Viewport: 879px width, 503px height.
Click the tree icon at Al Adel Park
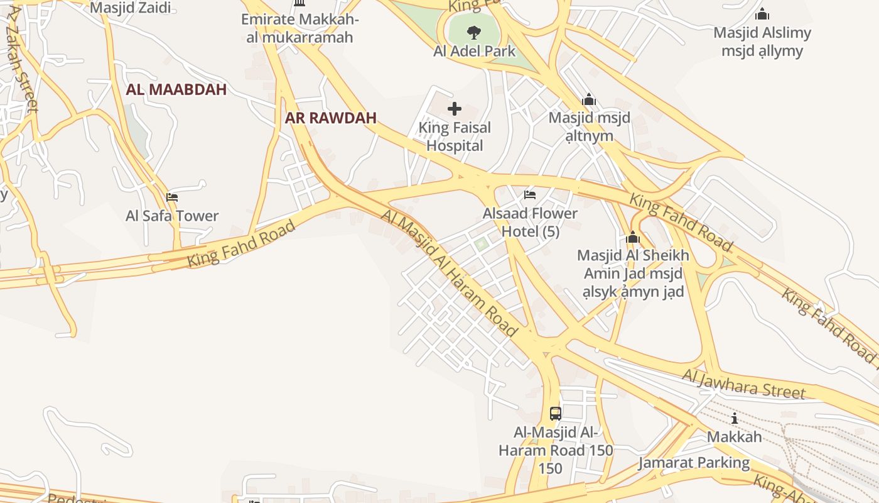pyautogui.click(x=474, y=32)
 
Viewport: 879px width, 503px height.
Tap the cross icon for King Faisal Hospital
pyautogui.click(x=454, y=109)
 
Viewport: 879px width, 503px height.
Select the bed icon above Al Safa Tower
pyautogui.click(x=172, y=197)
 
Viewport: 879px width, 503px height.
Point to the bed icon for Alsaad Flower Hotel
pyautogui.click(x=530, y=195)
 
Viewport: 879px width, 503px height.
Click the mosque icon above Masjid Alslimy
pyautogui.click(x=762, y=14)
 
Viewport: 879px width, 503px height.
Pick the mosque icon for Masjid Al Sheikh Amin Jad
pyautogui.click(x=632, y=238)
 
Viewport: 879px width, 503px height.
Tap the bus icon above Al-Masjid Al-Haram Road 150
pyautogui.click(x=556, y=413)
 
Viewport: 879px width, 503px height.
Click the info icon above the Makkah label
pyautogui.click(x=734, y=418)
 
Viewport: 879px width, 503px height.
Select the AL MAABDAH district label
pyautogui.click(x=176, y=89)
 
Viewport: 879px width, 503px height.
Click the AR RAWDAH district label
pyautogui.click(x=331, y=118)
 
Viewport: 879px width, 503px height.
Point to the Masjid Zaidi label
pyautogui.click(x=131, y=8)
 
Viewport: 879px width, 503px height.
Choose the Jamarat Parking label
pyautogui.click(x=694, y=463)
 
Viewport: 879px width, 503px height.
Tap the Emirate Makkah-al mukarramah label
pyautogui.click(x=300, y=28)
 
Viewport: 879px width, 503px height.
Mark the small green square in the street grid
pyautogui.click(x=481, y=244)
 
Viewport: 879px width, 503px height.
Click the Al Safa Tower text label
pyautogui.click(x=172, y=216)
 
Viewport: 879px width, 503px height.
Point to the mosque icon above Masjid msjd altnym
pyautogui.click(x=588, y=100)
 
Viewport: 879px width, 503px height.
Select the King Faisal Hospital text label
pyautogui.click(x=455, y=136)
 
